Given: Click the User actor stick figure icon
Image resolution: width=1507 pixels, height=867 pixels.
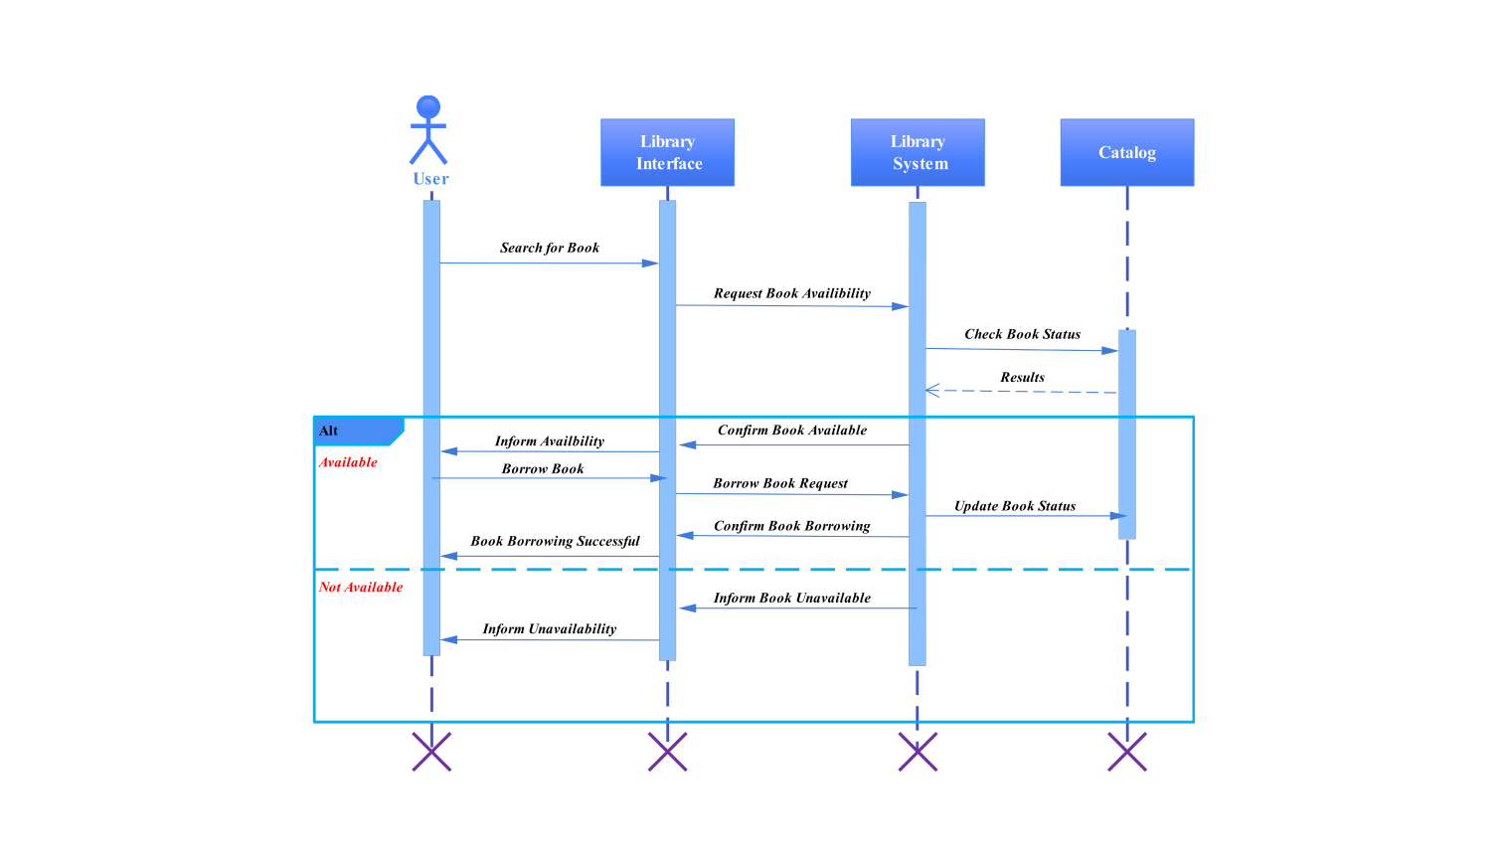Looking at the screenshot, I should [428, 130].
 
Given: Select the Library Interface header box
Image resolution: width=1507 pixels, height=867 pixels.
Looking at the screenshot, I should [667, 152].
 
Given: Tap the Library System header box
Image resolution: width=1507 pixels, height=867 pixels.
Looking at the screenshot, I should [918, 152].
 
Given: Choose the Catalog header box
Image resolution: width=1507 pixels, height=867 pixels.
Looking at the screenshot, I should [1126, 152].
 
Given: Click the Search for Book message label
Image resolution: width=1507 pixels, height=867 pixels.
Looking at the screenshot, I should [549, 248].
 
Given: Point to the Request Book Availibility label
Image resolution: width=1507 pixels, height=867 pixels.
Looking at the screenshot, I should [791, 293].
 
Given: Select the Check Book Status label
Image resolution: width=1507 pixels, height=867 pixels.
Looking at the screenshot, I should [1022, 334].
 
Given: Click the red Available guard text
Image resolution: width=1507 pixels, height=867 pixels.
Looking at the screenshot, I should [348, 462].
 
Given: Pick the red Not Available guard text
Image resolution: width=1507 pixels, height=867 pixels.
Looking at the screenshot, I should [360, 588].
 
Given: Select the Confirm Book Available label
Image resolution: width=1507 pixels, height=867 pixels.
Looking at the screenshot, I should [791, 431].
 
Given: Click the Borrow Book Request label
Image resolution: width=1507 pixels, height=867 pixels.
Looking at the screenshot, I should [780, 483].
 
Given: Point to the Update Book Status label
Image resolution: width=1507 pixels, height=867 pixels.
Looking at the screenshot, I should [1015, 506].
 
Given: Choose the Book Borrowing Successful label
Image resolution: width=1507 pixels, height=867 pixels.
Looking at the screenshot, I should [555, 541].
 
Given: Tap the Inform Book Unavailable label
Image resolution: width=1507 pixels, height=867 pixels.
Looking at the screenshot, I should [791, 598].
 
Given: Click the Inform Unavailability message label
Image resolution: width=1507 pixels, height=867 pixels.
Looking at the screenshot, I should [549, 628].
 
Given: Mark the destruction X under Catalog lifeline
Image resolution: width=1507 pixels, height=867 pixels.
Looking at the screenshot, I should [1126, 752].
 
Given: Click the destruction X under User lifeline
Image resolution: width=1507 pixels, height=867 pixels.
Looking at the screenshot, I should [431, 752].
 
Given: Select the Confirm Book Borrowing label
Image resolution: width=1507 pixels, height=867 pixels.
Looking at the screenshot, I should [791, 526].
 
